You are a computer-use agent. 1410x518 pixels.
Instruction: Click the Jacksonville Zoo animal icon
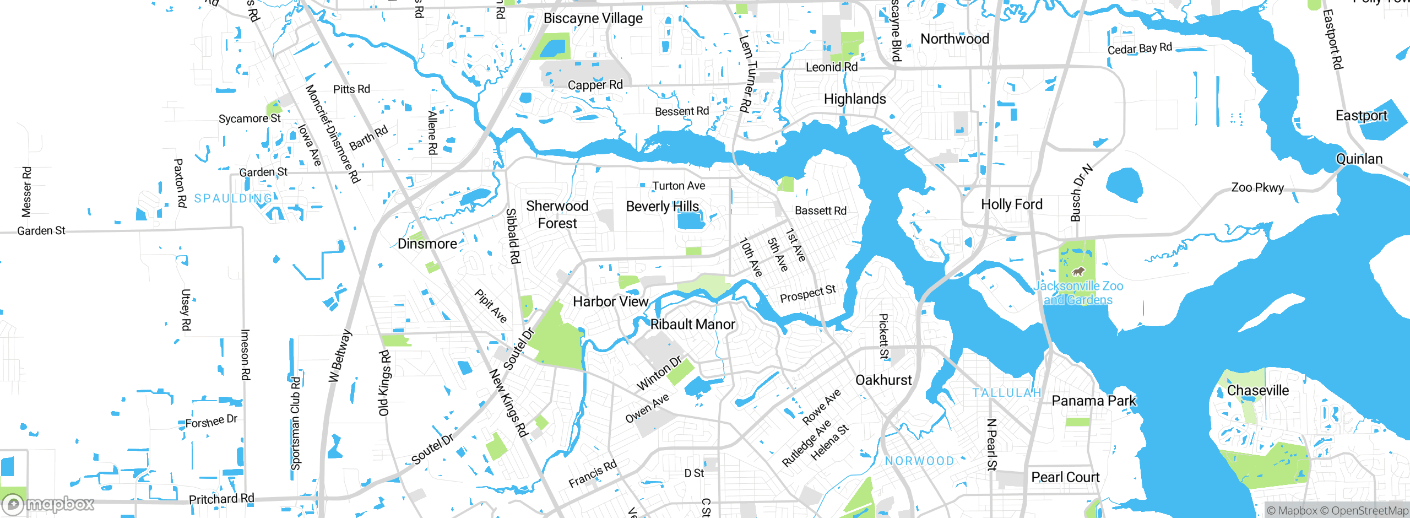pos(1078,271)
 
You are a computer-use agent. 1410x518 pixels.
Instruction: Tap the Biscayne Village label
pos(593,18)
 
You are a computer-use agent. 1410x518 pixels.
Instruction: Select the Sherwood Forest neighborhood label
pos(557,214)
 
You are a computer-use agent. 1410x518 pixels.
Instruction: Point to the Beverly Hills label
pos(662,206)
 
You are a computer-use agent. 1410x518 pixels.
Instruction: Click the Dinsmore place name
pos(427,244)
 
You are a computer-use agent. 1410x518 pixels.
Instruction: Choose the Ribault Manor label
pos(692,324)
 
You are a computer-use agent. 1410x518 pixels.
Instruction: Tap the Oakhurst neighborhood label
pos(883,380)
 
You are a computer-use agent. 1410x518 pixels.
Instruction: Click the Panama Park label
pos(1093,401)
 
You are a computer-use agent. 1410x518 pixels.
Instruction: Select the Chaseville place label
pos(1257,390)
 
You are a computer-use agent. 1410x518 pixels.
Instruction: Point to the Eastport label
pos(1361,116)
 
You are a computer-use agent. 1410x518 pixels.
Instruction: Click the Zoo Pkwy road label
pos(1257,187)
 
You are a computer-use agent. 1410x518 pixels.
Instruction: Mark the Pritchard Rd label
pos(221,499)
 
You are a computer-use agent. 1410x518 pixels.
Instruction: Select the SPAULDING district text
pos(233,198)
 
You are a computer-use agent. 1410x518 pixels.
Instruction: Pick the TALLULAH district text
pos(1006,393)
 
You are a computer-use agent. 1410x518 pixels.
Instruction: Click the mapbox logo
pos(48,504)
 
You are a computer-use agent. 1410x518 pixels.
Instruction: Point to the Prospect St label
pos(807,294)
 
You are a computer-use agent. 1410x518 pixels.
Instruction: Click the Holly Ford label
pos(1011,204)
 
